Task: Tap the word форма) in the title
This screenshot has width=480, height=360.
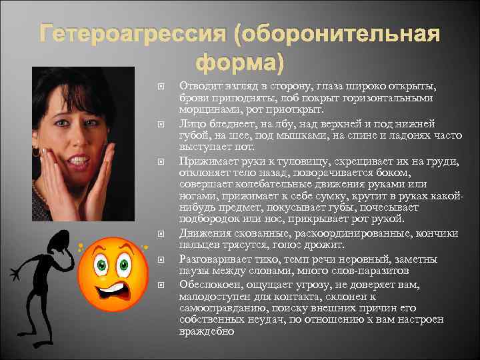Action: [x=240, y=64]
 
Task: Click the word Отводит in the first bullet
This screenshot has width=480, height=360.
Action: [x=199, y=86]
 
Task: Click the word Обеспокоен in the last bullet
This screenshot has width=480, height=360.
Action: [x=209, y=285]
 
